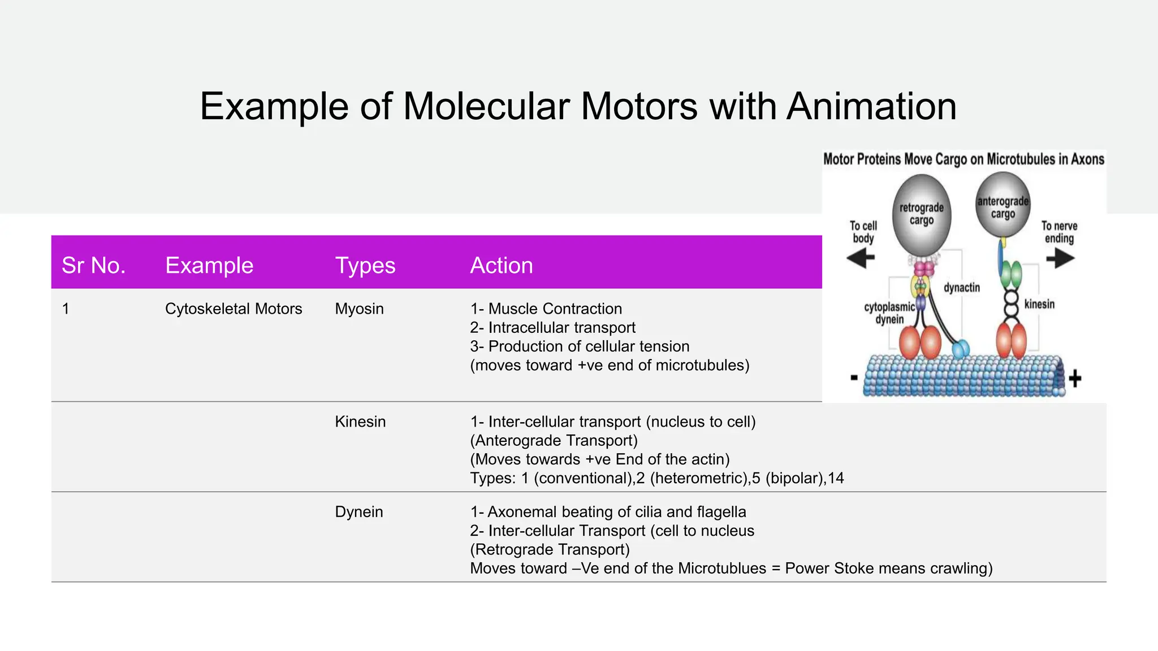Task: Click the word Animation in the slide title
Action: click(x=871, y=106)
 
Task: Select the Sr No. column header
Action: click(x=93, y=265)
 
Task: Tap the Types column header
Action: click(x=365, y=265)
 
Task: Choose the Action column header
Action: click(x=501, y=265)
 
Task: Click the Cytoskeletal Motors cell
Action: click(x=233, y=309)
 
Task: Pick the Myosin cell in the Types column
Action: click(x=359, y=309)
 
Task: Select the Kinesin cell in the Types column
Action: click(x=360, y=422)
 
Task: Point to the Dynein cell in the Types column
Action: click(x=358, y=511)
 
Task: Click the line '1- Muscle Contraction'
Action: click(x=546, y=309)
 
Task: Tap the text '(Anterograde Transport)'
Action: click(x=554, y=440)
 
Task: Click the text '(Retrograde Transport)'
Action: click(x=550, y=549)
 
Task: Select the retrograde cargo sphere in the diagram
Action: click(x=921, y=215)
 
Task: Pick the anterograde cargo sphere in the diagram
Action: click(x=1003, y=206)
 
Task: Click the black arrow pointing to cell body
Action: click(x=861, y=259)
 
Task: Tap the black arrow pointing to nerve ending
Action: click(x=1060, y=259)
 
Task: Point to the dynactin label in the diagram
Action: click(x=961, y=288)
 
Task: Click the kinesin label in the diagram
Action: click(x=1039, y=304)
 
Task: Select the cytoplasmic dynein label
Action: click(x=889, y=313)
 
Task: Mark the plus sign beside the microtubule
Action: click(x=1075, y=378)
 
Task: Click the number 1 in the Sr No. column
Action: click(x=66, y=309)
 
